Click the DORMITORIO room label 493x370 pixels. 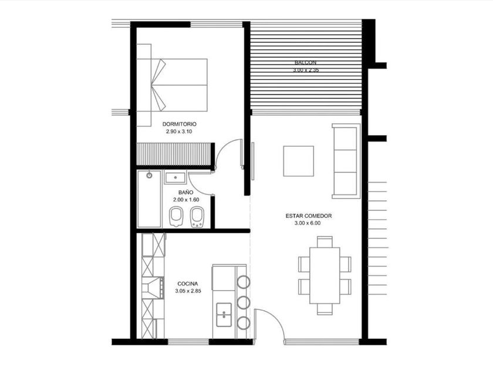[x=179, y=124]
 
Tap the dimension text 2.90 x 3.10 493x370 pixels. [x=179, y=132]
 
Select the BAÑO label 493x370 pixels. [x=186, y=192]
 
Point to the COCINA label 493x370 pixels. [x=188, y=284]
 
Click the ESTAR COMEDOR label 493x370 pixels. [x=309, y=216]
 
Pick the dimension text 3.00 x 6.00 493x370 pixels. [x=308, y=223]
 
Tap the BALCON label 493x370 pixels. [x=306, y=62]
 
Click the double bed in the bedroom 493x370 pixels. [x=172, y=85]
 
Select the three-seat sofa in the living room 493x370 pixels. [x=346, y=161]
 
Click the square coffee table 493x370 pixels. [x=298, y=161]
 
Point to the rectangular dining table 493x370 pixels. [x=325, y=275]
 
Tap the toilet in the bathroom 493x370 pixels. [x=176, y=217]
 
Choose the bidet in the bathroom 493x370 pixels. [x=197, y=217]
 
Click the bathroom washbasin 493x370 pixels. [x=175, y=178]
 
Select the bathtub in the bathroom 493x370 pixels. [x=149, y=199]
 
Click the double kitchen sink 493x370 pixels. [x=224, y=315]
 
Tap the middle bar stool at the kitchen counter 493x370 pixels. [x=244, y=302]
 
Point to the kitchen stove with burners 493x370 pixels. [x=153, y=288]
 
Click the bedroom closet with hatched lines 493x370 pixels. [x=174, y=154]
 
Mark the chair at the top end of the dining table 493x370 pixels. [x=325, y=242]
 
